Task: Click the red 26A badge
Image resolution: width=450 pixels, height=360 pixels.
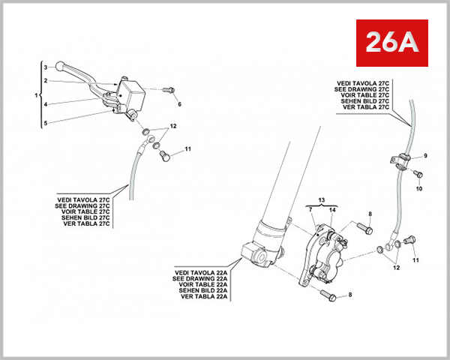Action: point(390,43)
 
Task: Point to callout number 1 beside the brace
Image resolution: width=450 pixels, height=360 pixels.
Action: point(36,96)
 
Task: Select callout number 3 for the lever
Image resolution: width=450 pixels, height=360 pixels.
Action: point(46,67)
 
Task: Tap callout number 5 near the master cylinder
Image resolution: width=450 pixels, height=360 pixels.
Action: point(46,123)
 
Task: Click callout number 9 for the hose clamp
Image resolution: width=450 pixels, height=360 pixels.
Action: point(424,156)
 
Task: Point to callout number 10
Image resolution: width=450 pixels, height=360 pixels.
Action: point(418,188)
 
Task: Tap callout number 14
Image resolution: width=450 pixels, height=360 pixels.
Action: point(333,211)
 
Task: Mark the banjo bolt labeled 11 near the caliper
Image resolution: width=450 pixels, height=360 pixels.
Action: point(409,241)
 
